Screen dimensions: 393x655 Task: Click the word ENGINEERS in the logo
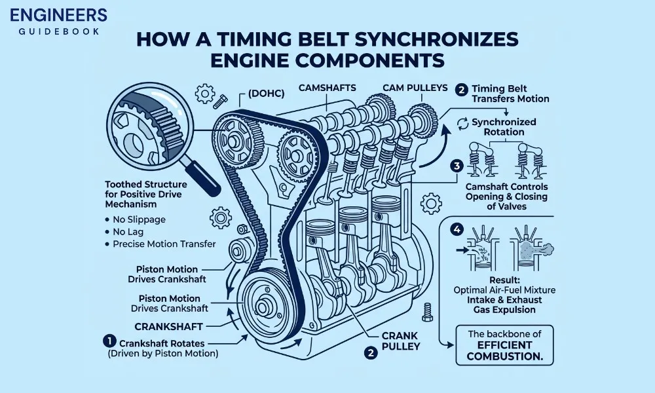pos(55,14)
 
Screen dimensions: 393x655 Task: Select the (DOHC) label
pos(266,94)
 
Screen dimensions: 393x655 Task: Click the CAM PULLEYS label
pos(415,87)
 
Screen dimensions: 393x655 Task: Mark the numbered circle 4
pos(457,229)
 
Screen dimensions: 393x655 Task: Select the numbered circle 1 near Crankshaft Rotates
pos(109,341)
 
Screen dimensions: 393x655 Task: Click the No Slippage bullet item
pos(138,219)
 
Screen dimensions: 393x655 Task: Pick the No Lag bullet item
pos(129,232)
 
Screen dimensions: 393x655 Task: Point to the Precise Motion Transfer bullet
pos(164,244)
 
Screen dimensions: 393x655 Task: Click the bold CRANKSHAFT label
pos(168,326)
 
